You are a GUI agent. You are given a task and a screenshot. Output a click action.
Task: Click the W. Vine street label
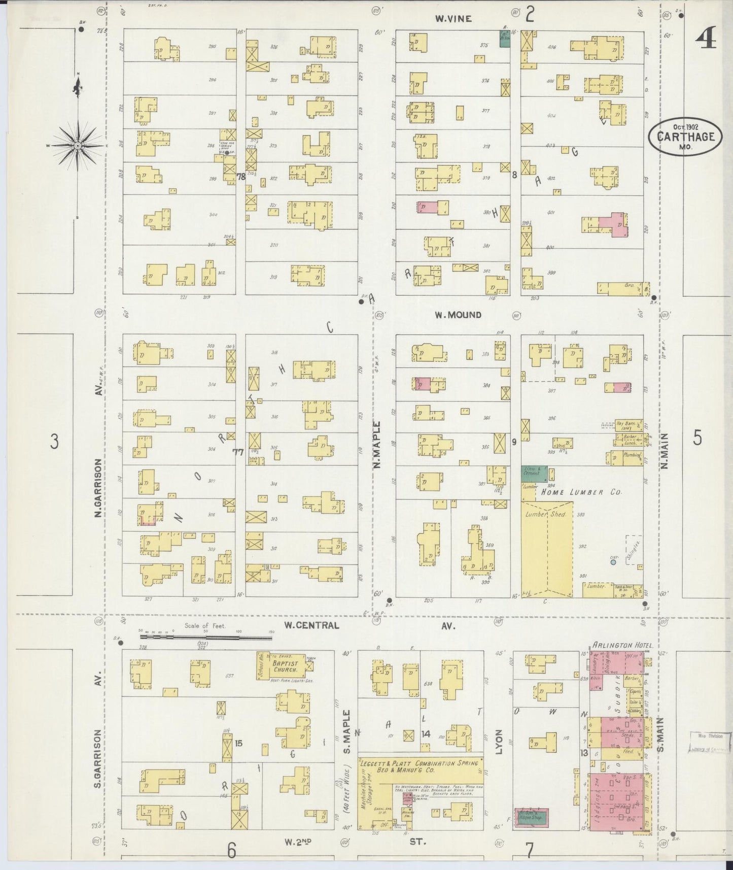pos(453,19)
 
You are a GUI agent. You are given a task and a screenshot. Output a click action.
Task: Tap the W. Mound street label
pos(458,315)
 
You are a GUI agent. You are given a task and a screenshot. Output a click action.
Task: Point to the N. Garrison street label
pos(99,487)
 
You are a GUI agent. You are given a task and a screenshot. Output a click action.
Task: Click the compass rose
pos(78,146)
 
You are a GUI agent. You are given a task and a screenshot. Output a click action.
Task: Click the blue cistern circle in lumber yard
pos(613,562)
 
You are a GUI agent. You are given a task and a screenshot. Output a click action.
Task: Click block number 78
pos(241,176)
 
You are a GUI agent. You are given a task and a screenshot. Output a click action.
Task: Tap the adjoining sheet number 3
pos(54,442)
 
